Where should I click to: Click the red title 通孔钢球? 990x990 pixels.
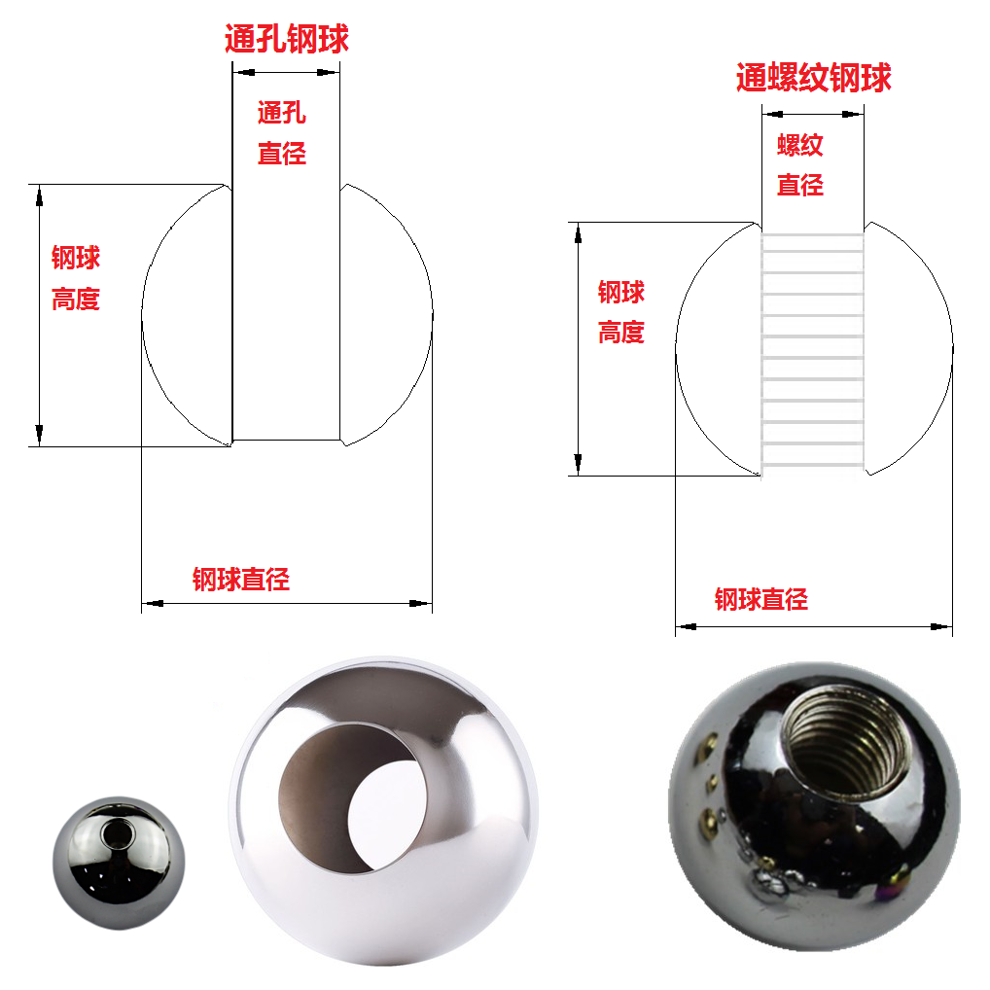pos(286,39)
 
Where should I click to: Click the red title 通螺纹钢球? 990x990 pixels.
pos(813,78)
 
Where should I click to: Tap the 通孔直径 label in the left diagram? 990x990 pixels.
pos(282,132)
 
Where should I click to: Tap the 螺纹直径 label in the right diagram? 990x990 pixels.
pos(800,165)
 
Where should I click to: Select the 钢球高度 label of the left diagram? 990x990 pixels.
pos(76,278)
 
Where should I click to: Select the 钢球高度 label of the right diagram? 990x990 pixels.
pos(621,312)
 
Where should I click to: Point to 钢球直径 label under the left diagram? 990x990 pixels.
pos(241,580)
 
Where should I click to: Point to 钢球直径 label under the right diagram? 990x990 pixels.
pos(761,599)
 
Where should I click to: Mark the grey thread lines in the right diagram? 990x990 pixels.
pos(813,350)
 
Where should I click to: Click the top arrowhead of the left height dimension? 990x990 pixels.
pos(40,194)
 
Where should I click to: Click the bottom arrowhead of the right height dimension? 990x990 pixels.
pos(579,465)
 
